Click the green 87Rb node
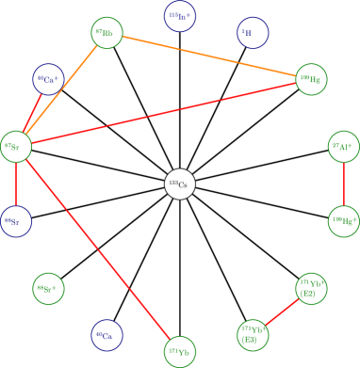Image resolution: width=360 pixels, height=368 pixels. pyautogui.click(x=106, y=34)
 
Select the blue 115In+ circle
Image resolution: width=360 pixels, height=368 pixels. pyautogui.click(x=180, y=15)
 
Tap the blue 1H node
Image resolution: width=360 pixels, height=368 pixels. pyautogui.click(x=252, y=33)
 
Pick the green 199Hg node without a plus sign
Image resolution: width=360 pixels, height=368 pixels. pyautogui.click(x=311, y=80)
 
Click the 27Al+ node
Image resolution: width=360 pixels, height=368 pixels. pyautogui.click(x=343, y=147)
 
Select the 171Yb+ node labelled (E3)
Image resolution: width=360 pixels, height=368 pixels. pyautogui.click(x=310, y=289)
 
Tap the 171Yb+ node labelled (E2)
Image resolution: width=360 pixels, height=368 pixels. pyautogui.click(x=254, y=333)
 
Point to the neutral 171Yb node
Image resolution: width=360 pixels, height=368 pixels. pyautogui.click(x=180, y=352)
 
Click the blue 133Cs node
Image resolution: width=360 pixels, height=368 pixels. pyautogui.click(x=106, y=333)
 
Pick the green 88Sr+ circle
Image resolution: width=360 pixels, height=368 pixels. pyautogui.click(x=48, y=287)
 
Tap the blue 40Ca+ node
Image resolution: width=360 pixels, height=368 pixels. pyautogui.click(x=48, y=80)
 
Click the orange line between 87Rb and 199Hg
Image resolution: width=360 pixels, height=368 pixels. pyautogui.click(x=208, y=56)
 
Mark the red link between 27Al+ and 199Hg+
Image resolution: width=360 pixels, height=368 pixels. pyautogui.click(x=343, y=184)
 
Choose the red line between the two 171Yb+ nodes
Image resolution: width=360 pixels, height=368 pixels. pyautogui.click(x=282, y=311)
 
